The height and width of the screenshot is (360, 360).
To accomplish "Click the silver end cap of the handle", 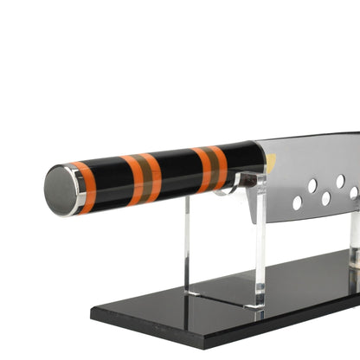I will (x=61, y=190).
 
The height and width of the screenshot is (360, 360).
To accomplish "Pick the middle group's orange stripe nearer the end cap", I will (x=133, y=180).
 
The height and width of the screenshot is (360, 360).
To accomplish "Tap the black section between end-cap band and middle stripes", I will (x=108, y=183).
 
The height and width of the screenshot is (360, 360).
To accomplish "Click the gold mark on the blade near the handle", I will (x=270, y=161).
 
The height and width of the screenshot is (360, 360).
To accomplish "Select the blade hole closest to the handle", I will (x=297, y=202).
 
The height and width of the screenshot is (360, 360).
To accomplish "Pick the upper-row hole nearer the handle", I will (x=312, y=185).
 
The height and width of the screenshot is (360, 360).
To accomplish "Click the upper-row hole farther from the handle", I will (x=340, y=180).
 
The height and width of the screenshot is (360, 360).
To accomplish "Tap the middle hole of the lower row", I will (x=325, y=198).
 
